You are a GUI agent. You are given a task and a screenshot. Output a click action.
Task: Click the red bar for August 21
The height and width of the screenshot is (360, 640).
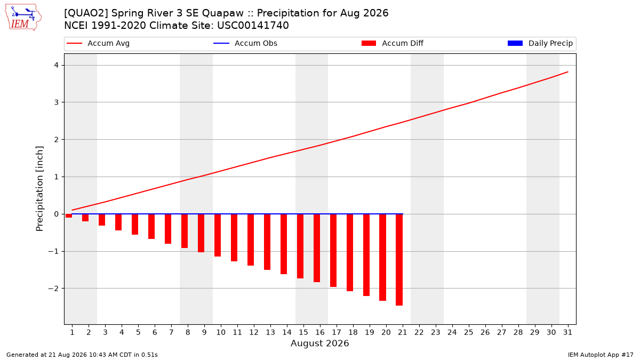(x=399, y=260)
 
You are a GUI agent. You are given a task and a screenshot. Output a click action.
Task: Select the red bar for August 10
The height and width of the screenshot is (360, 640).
(x=218, y=235)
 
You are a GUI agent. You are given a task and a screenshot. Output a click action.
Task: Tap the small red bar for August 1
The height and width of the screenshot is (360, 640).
(x=69, y=215)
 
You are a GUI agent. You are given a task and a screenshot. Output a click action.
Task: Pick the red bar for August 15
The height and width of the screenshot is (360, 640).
(x=300, y=246)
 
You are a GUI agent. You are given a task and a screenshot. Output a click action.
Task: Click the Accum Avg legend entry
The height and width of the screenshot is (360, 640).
(x=98, y=43)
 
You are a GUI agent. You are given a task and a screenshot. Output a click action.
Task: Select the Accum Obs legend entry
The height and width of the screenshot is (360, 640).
(x=245, y=43)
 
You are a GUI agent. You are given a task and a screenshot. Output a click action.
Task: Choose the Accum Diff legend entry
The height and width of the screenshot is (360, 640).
(x=393, y=43)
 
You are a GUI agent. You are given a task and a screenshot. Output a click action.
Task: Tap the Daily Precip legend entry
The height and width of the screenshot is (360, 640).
(x=540, y=43)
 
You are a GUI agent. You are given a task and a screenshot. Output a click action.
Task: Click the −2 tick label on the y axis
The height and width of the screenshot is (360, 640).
(x=53, y=289)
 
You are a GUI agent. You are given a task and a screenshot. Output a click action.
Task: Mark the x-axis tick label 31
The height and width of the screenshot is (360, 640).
(x=567, y=332)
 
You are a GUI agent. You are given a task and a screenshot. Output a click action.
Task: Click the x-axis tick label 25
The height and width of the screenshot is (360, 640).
(x=469, y=332)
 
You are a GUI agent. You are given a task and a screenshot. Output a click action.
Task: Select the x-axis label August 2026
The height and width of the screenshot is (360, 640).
(x=319, y=343)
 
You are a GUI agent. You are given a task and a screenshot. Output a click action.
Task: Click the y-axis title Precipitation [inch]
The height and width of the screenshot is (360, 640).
(x=39, y=189)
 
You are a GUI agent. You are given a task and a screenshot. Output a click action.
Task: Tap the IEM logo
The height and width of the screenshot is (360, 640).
(x=23, y=18)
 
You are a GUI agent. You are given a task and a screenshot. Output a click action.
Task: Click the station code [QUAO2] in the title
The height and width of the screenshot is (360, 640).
(x=86, y=13)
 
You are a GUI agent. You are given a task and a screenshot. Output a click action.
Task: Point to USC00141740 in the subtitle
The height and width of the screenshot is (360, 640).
(x=253, y=26)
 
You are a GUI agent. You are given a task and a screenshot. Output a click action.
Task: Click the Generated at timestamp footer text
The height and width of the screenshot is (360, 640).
(x=82, y=355)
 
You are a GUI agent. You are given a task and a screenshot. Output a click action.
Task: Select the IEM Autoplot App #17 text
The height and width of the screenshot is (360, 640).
(x=601, y=355)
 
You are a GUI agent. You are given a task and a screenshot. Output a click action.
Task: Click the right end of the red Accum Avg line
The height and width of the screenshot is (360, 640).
(x=568, y=72)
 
